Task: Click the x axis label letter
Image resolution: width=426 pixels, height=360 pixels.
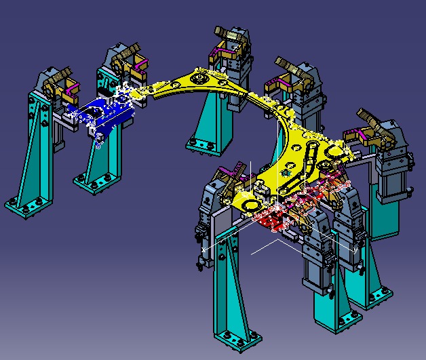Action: click(204, 250)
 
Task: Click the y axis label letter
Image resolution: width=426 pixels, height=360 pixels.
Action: click(355, 249)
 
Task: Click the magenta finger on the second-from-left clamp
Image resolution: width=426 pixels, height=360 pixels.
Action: click(140, 66)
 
